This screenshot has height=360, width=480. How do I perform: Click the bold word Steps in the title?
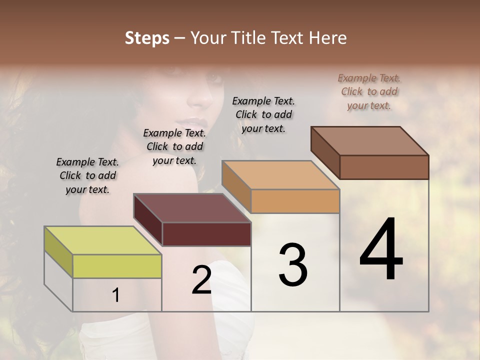[147, 38]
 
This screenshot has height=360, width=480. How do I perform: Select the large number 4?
[381, 250]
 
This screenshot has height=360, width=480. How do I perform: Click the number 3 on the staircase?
[293, 264]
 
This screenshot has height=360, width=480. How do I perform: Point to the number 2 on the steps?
[201, 280]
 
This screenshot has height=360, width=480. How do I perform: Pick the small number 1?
[115, 295]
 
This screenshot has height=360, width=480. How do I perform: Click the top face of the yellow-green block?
[103, 240]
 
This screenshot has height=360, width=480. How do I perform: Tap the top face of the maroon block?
[192, 208]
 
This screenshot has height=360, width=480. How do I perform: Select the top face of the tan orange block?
[280, 175]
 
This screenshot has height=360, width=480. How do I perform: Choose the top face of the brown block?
[370, 141]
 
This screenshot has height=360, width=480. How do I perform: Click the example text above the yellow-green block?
[87, 175]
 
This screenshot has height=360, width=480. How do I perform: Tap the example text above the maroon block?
[174, 146]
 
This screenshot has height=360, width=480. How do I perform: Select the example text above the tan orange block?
[263, 114]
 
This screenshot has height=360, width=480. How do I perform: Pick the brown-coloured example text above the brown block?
[369, 91]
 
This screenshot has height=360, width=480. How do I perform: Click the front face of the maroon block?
[206, 234]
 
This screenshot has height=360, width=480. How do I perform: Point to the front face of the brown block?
[384, 167]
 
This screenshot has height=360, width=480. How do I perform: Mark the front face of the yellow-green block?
[117, 266]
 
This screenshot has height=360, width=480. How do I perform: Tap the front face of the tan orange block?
[295, 201]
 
